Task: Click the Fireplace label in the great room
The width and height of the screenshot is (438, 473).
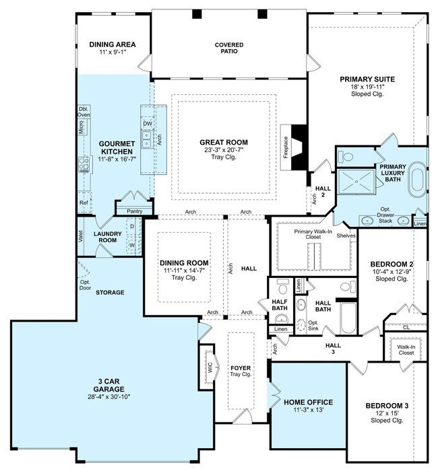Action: pyautogui.click(x=286, y=147)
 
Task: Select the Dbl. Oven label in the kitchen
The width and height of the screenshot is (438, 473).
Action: pyautogui.click(x=84, y=112)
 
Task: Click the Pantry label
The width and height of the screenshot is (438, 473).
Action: pyautogui.click(x=134, y=211)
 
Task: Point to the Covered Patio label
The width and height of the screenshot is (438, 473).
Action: pyautogui.click(x=229, y=48)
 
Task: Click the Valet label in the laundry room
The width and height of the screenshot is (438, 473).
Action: pyautogui.click(x=80, y=237)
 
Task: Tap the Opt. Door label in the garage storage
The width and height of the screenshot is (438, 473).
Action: pyautogui.click(x=85, y=285)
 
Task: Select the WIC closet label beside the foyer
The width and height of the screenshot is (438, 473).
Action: pyautogui.click(x=210, y=367)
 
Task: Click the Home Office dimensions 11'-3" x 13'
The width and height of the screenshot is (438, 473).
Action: pyautogui.click(x=309, y=410)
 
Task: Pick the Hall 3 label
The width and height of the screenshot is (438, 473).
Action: pyautogui.click(x=333, y=349)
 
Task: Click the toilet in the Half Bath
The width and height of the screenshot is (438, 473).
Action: pyautogui.click(x=283, y=286)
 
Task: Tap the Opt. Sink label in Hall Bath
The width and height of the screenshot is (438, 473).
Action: pyautogui.click(x=313, y=326)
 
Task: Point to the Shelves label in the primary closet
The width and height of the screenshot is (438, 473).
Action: pyautogui.click(x=346, y=235)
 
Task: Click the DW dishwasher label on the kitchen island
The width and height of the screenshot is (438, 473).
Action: pyautogui.click(x=148, y=124)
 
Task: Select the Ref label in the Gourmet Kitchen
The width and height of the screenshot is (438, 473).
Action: pyautogui.click(x=84, y=203)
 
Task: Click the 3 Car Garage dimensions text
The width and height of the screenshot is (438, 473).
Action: pyautogui.click(x=108, y=397)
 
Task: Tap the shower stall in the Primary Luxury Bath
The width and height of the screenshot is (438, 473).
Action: pyautogui.click(x=356, y=182)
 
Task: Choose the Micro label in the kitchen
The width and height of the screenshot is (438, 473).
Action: pyautogui.click(x=81, y=127)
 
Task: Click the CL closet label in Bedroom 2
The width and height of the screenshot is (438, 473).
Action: pyautogui.click(x=406, y=327)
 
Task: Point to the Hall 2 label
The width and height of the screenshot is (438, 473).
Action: pyautogui.click(x=323, y=192)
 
